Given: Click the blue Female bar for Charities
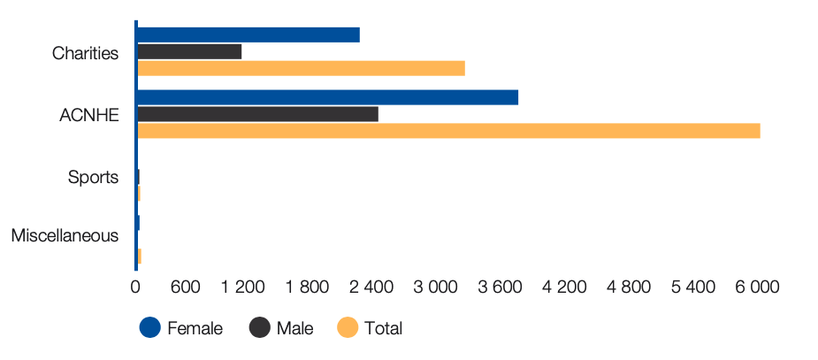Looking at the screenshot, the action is tap(248, 35).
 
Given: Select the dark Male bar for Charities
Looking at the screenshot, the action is tap(189, 51).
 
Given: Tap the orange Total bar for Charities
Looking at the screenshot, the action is tap(301, 68).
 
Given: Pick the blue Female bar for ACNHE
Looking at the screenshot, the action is tap(327, 97).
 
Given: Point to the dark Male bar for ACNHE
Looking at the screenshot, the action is tap(257, 114).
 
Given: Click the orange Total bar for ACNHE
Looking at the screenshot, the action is tap(448, 131).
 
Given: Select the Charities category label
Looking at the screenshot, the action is tap(85, 53).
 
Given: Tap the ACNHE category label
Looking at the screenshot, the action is tap(89, 115).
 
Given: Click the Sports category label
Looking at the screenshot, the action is tap(94, 178).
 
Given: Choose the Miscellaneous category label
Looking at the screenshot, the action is tap(65, 236).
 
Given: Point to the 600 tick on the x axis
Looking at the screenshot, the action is tap(185, 287).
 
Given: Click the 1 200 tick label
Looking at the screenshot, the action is tap(243, 287).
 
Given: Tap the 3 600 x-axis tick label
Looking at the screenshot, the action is tap(499, 287).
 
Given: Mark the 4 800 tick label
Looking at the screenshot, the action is tap(629, 287).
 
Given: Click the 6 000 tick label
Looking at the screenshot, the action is tap(758, 287).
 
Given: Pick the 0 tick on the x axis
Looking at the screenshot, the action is tap(135, 287).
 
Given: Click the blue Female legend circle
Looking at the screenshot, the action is tap(150, 327).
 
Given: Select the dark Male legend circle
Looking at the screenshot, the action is tap(260, 327).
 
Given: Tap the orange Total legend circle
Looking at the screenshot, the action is tap(348, 327).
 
